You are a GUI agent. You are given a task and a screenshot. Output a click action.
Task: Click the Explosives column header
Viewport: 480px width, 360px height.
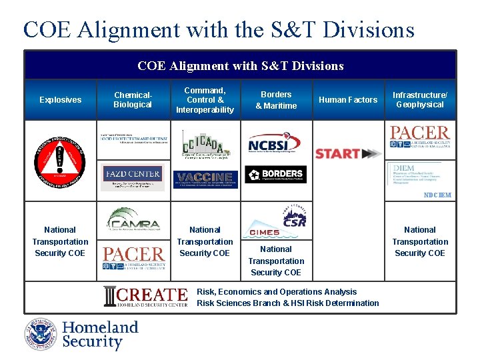click(x=60, y=100)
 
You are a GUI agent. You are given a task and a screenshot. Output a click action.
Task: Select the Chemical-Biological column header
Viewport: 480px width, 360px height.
click(x=133, y=100)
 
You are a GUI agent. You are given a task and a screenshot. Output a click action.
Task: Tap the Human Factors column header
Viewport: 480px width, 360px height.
click(x=347, y=100)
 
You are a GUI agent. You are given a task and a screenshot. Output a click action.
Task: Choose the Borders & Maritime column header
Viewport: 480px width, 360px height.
click(x=276, y=100)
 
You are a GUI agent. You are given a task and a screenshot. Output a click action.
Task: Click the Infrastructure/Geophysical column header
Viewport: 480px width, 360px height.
click(x=420, y=100)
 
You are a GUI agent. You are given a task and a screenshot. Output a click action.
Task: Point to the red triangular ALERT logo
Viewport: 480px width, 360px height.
click(x=60, y=161)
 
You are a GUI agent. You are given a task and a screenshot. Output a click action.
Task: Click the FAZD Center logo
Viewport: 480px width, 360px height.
click(x=132, y=175)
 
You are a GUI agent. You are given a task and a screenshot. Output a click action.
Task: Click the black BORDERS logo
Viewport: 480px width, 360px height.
click(x=275, y=175)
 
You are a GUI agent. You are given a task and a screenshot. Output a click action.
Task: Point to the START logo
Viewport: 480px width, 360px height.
click(x=347, y=153)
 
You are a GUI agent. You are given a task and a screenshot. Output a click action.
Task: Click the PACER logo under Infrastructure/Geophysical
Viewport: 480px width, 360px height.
click(x=420, y=137)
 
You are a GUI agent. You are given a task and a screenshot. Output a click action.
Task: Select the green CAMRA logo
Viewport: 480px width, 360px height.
click(x=133, y=219)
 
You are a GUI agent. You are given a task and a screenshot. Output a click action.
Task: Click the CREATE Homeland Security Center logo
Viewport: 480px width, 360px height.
click(x=145, y=297)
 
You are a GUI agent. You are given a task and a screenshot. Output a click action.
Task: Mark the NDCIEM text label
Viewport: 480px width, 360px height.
click(x=437, y=195)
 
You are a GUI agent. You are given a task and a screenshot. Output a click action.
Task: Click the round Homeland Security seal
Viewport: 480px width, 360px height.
click(x=41, y=334)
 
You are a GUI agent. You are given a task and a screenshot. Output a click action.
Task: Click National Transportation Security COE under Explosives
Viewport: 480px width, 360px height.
click(x=60, y=241)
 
